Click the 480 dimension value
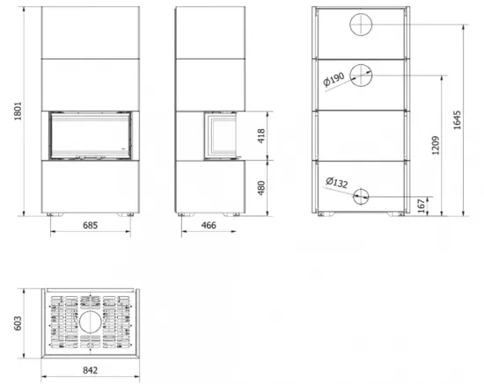click(x=275, y=187)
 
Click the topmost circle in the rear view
click(x=362, y=25)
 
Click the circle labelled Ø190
click(x=362, y=75)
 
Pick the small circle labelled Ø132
click(x=362, y=196)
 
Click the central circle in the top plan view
click(x=89, y=324)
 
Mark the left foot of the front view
click(x=55, y=214)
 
